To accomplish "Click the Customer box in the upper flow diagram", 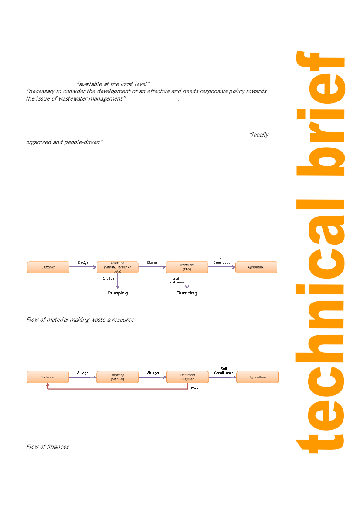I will click(48, 267).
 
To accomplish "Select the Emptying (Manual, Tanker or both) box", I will click(117, 267).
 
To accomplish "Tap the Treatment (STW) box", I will click(187, 267).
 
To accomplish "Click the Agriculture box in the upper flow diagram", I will click(256, 267).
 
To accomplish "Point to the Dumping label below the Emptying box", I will click(118, 293).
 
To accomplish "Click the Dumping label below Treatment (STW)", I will click(187, 293).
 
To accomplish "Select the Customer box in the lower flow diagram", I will click(48, 377).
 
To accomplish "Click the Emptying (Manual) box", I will click(117, 377).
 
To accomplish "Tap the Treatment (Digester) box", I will click(187, 377).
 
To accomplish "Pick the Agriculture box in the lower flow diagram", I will click(257, 377).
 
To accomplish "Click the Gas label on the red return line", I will click(194, 388).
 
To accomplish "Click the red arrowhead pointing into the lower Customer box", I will click(48, 385).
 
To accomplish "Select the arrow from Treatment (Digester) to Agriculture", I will click(222, 377).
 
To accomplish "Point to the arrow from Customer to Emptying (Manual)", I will click(82, 377).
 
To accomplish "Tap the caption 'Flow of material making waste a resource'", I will click(80, 320).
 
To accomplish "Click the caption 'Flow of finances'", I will click(48, 447).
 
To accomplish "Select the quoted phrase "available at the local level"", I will click(113, 84).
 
